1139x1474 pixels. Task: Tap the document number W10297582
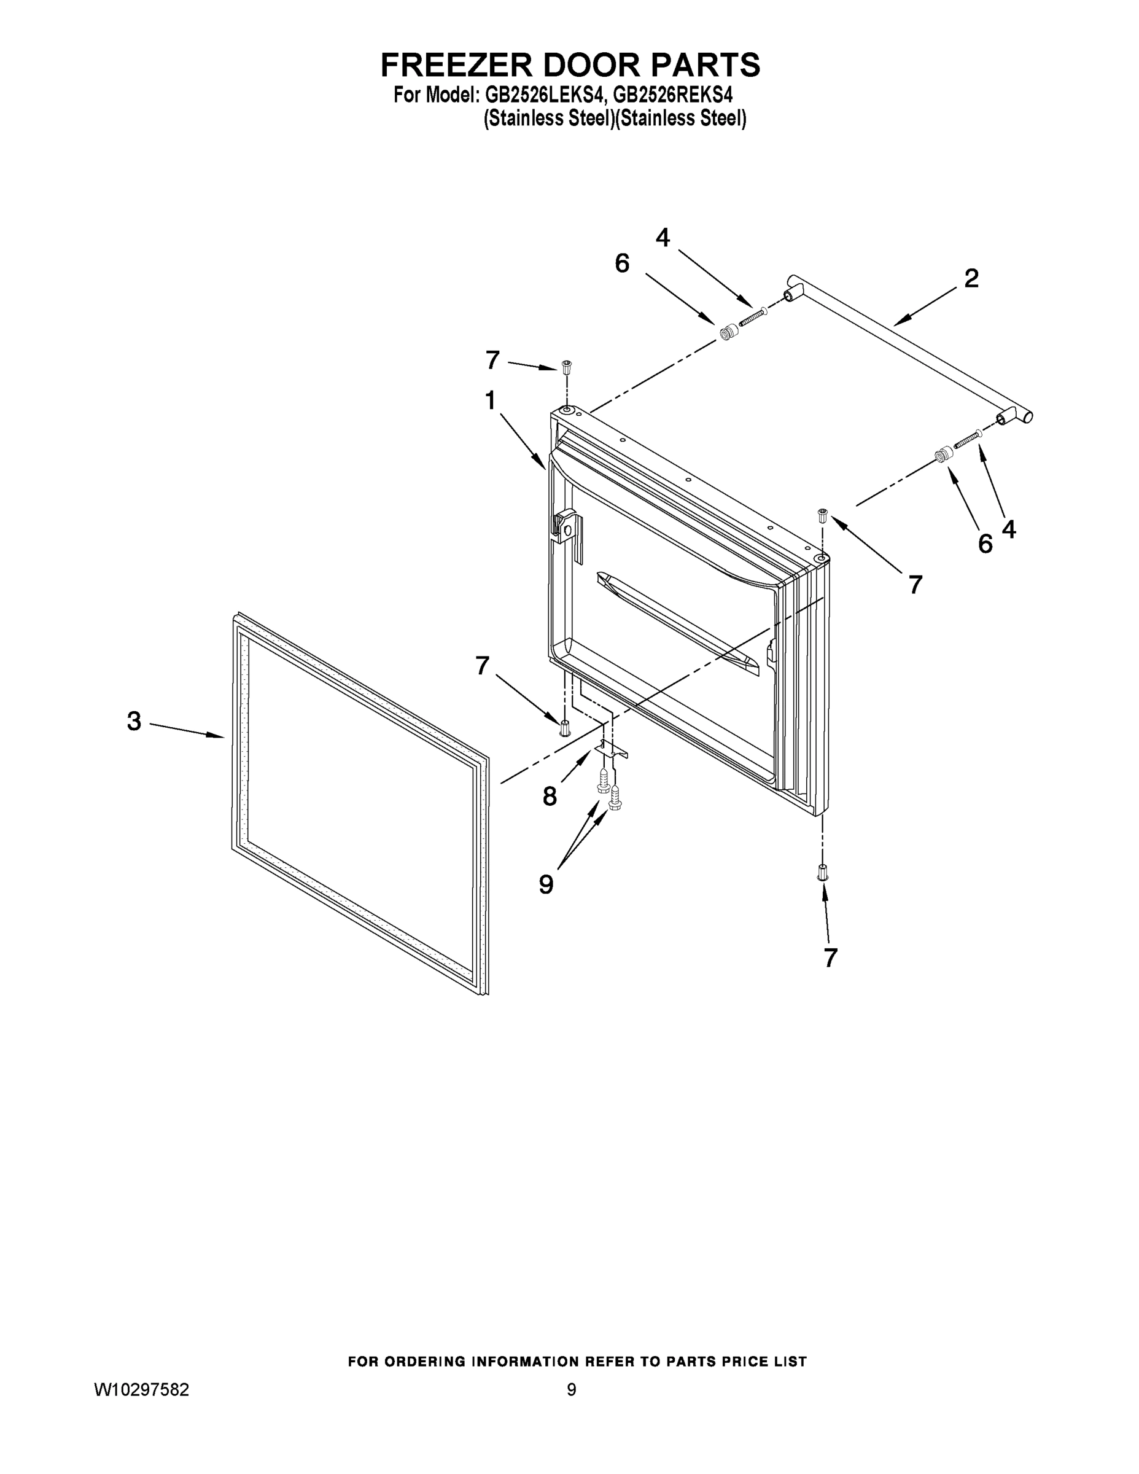pyautogui.click(x=141, y=1389)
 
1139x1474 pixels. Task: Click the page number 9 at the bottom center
pyautogui.click(x=571, y=1389)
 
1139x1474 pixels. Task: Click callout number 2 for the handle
pyautogui.click(x=971, y=278)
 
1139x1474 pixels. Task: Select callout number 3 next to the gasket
pyautogui.click(x=134, y=722)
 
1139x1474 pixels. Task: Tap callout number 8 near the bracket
pyautogui.click(x=550, y=797)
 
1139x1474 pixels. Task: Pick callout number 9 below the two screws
pyautogui.click(x=546, y=883)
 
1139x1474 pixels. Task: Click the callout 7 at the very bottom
pyautogui.click(x=831, y=957)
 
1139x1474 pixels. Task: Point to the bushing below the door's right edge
pyautogui.click(x=823, y=873)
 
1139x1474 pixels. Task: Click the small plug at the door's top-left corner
pyautogui.click(x=566, y=368)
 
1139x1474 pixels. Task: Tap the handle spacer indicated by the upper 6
pyautogui.click(x=728, y=333)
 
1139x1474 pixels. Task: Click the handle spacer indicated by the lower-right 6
pyautogui.click(x=942, y=455)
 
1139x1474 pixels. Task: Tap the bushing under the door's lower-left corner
pyautogui.click(x=565, y=729)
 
